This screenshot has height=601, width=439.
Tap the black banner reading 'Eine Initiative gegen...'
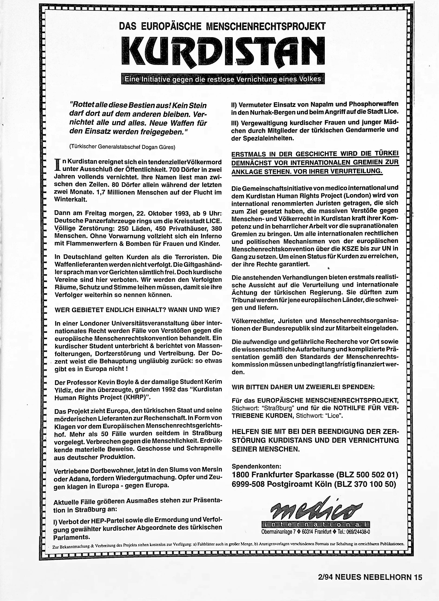[223, 79]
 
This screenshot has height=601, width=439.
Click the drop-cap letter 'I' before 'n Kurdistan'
[57, 165]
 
